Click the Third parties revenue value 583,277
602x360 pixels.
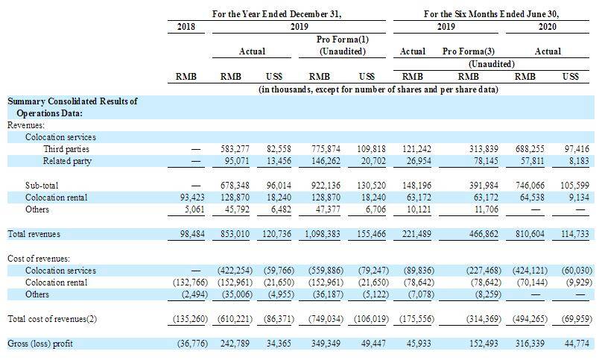[x=235, y=149]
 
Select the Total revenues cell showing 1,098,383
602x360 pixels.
[x=322, y=234]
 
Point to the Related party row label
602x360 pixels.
[x=67, y=161]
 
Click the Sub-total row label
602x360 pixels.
[x=42, y=186]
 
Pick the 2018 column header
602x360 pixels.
[x=186, y=27]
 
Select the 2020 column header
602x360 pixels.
[x=547, y=27]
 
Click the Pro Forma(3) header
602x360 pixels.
[x=469, y=51]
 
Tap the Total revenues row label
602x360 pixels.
[x=34, y=234]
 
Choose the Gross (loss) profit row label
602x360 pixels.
[x=40, y=344]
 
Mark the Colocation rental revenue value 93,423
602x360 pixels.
[x=192, y=198]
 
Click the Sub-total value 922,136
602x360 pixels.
[x=326, y=186]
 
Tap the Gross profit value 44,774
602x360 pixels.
[x=577, y=344]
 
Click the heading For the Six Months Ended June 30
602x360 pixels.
[x=491, y=14]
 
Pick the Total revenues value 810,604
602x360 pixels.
[x=530, y=234]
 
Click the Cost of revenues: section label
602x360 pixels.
[x=39, y=259]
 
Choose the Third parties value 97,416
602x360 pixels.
[x=577, y=149]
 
